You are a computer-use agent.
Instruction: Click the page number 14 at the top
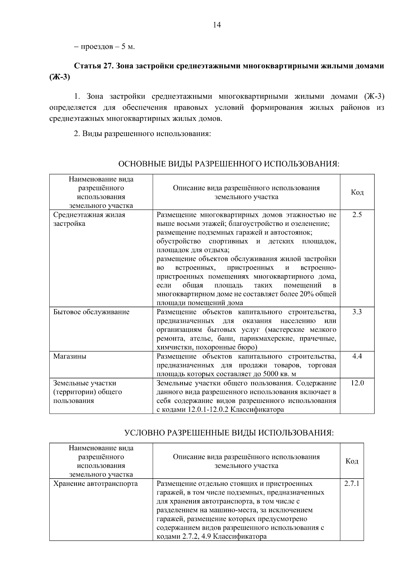pyautogui.click(x=217, y=25)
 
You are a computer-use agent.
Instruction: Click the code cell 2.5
pyautogui.click(x=357, y=215)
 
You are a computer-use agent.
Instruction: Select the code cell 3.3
pyautogui.click(x=357, y=312)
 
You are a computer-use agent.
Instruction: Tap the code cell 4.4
pyautogui.click(x=357, y=356)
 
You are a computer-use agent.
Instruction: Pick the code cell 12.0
pyautogui.click(x=357, y=383)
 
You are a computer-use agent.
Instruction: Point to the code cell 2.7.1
pyautogui.click(x=352, y=483)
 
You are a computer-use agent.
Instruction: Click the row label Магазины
pyautogui.click(x=70, y=356)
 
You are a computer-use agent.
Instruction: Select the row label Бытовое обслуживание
pyautogui.click(x=91, y=312)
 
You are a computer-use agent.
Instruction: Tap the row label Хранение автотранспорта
pyautogui.click(x=95, y=483)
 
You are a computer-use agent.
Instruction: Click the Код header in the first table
pyautogui.click(x=357, y=192)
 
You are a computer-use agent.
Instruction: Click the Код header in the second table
pyautogui.click(x=352, y=461)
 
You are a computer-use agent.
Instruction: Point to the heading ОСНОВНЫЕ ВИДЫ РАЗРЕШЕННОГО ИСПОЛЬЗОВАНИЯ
pyautogui.click(x=229, y=164)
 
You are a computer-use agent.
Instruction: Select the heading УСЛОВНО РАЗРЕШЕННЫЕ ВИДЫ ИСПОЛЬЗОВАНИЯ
pyautogui.click(x=229, y=433)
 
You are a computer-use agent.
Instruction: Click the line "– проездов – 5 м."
pyautogui.click(x=104, y=46)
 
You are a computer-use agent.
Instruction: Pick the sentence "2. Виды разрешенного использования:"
pyautogui.click(x=142, y=134)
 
